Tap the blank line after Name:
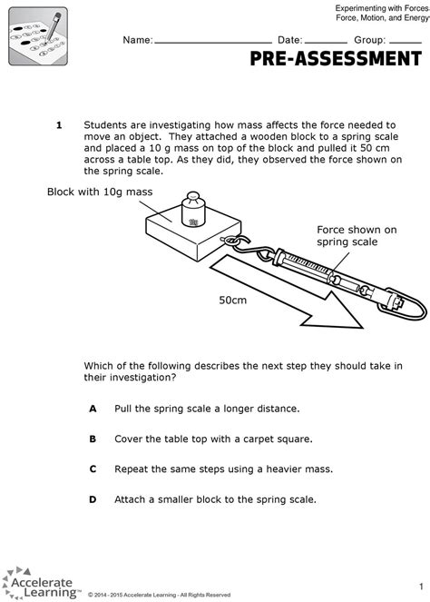click(x=213, y=42)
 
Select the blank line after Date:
click(x=327, y=42)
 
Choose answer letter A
click(x=92, y=409)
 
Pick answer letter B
click(x=92, y=439)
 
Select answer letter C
click(x=92, y=469)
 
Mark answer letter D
click(x=92, y=499)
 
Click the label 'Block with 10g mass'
click(x=100, y=192)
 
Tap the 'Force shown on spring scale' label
click(x=357, y=236)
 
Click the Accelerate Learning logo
click(x=41, y=581)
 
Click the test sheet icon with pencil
click(x=38, y=35)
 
